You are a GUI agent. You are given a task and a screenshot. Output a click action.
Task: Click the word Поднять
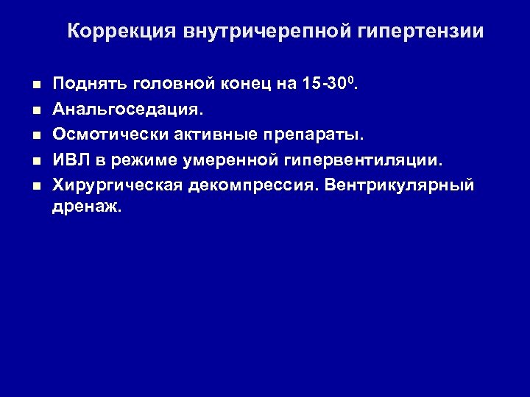88,85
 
